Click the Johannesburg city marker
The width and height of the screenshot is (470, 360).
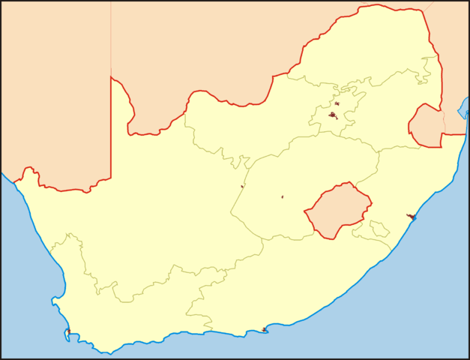coord(333,115)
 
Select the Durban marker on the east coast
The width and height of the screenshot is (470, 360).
coord(412,217)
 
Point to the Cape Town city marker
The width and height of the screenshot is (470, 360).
coord(68,331)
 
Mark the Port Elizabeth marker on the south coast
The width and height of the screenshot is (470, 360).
coord(265,329)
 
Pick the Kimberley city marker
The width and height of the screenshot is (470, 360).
coord(242,186)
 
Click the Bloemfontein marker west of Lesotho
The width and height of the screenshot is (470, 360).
coord(283,197)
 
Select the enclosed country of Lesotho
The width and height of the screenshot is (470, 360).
coord(337,210)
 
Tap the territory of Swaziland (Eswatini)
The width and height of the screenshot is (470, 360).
coord(426,125)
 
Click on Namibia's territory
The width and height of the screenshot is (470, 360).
coord(52,90)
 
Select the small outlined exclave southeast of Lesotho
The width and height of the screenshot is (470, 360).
coord(379,228)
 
